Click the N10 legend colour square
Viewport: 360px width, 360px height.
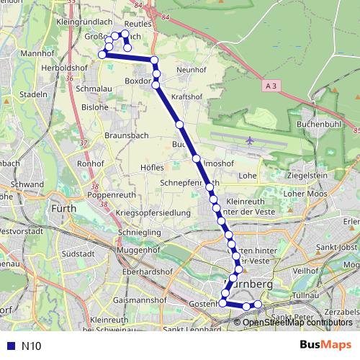[9, 346]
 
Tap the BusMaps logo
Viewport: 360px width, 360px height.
[325, 345]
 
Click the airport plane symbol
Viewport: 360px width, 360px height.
[250, 140]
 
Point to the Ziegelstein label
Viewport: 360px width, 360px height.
[307, 175]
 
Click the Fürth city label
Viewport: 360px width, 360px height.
[66, 209]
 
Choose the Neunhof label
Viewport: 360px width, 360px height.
[192, 69]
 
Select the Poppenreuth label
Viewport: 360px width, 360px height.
[112, 194]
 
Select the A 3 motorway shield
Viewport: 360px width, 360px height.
[271, 86]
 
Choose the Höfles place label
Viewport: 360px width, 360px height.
[152, 167]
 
